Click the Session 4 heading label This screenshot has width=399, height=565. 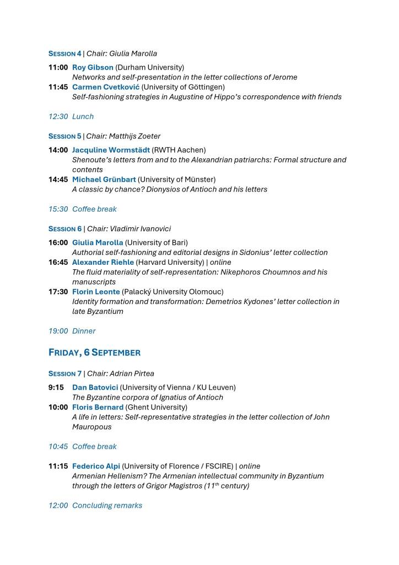[x=64, y=54]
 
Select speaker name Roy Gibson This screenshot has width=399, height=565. [x=93, y=67]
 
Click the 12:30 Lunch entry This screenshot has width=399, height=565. [x=71, y=116]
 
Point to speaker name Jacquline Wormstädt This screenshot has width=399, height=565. [x=111, y=150]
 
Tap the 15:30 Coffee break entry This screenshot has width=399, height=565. [x=83, y=209]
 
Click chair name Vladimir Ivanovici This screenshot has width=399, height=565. [x=140, y=228]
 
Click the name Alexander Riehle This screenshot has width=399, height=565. [x=103, y=263]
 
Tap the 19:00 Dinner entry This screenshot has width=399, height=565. [x=72, y=331]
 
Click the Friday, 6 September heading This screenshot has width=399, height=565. [x=94, y=353]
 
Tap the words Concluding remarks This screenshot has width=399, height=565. [x=107, y=505]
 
